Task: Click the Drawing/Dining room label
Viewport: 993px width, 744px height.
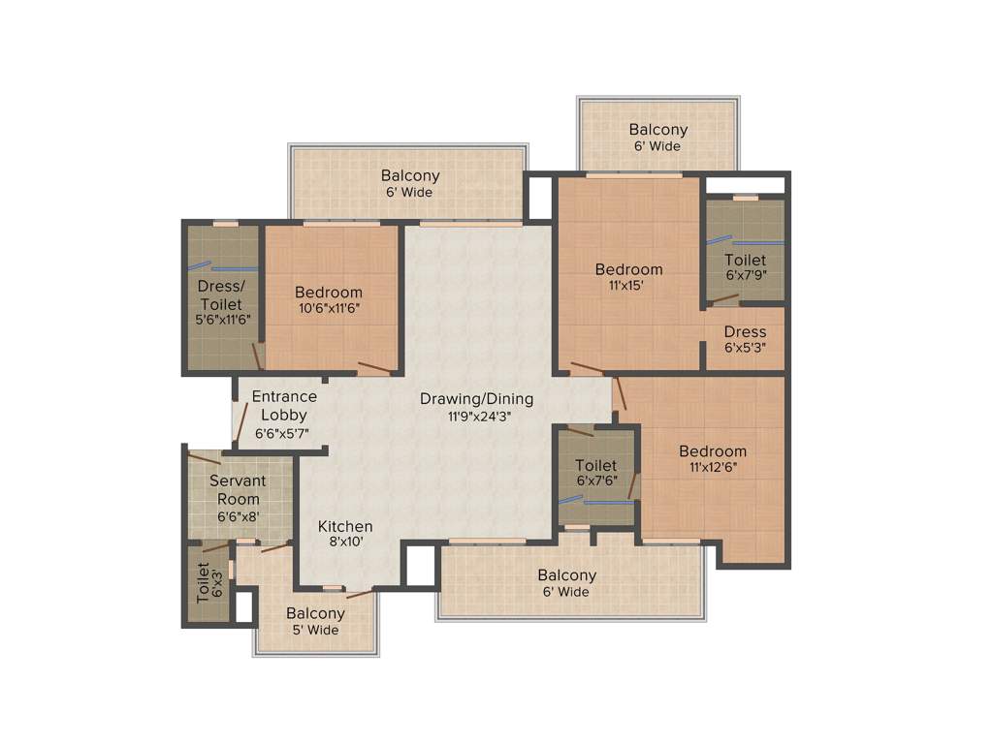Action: click(x=476, y=399)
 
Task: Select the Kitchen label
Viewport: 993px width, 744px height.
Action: click(x=345, y=526)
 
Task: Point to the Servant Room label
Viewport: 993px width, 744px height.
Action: click(x=238, y=489)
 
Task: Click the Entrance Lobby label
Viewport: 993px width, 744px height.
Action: click(x=284, y=405)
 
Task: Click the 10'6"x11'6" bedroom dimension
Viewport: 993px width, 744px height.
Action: click(x=329, y=309)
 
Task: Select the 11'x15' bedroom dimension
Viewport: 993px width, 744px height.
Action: click(x=628, y=286)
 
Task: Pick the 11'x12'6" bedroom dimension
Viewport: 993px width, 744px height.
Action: click(x=713, y=468)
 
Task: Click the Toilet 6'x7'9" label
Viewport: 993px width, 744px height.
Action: click(x=745, y=267)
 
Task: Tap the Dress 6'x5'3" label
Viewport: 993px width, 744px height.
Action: click(x=745, y=339)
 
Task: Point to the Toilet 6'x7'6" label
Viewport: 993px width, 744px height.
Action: click(x=595, y=473)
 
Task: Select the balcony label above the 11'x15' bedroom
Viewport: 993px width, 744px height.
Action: click(x=657, y=138)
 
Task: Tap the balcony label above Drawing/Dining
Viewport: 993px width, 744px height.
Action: click(x=409, y=183)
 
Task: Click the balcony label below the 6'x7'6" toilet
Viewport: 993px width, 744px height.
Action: click(x=566, y=583)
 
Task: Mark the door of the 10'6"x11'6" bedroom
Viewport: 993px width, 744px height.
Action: click(x=373, y=368)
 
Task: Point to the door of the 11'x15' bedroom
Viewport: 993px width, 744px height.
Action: click(x=586, y=368)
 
